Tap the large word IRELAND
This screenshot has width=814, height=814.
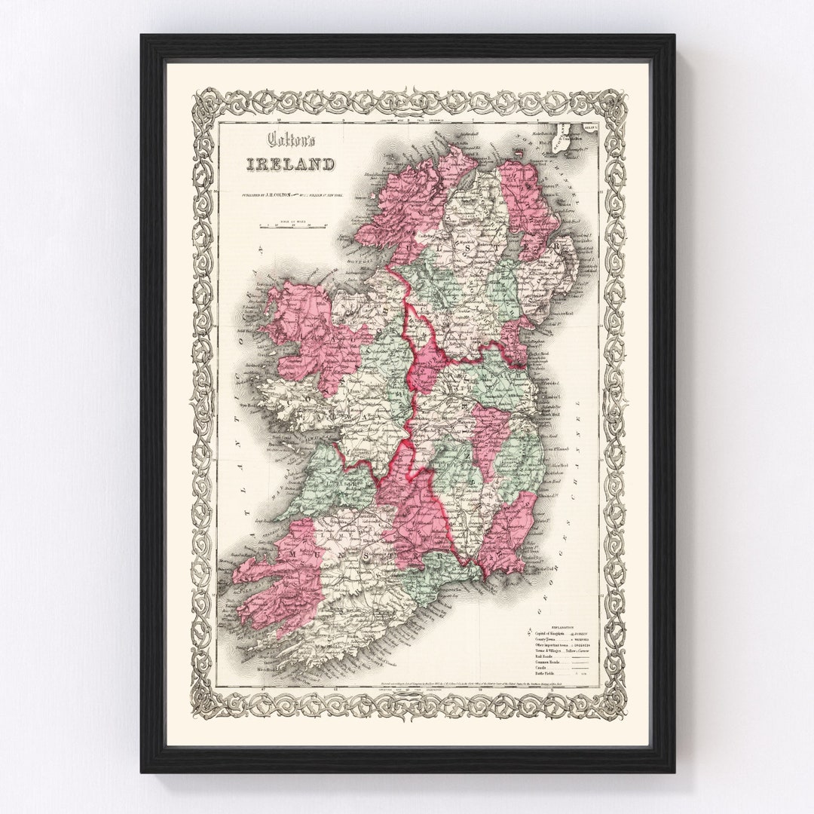[289, 164]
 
